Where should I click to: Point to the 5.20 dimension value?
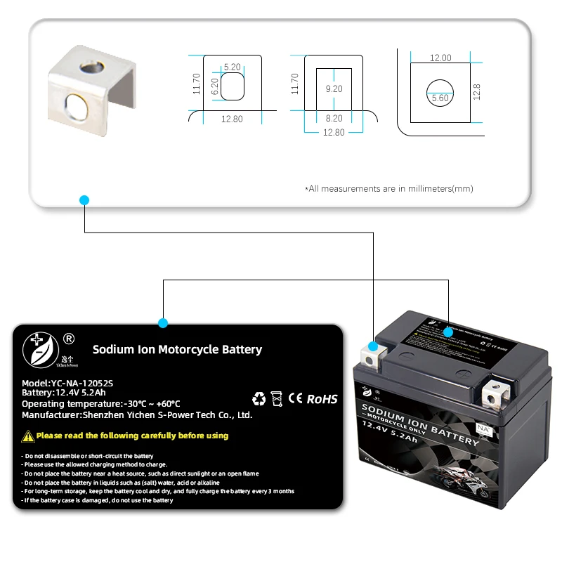tap(232, 67)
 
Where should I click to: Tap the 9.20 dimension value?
tap(334, 89)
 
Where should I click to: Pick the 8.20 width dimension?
tap(334, 119)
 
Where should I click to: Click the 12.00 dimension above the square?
tap(440, 58)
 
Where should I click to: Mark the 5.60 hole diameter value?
tap(440, 98)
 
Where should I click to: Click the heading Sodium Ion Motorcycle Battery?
tap(177, 349)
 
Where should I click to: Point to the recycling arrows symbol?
tap(259, 399)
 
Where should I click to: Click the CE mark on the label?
tap(296, 399)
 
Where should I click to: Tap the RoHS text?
tap(322, 399)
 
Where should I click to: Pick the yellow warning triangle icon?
tap(28, 436)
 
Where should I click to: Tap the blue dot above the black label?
tap(163, 323)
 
